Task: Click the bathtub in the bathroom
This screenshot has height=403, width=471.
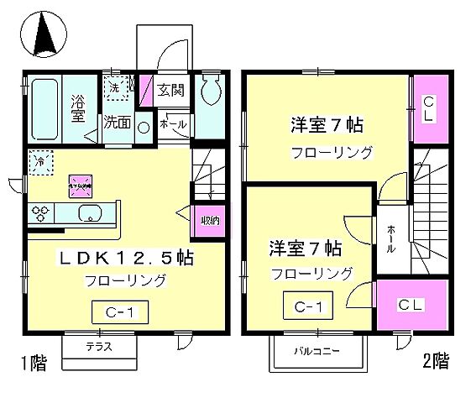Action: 44,109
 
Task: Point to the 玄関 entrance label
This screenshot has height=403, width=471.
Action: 170,88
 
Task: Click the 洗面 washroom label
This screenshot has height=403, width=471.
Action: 117,121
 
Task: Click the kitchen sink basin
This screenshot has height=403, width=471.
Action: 91,213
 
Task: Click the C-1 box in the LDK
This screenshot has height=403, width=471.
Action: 123,313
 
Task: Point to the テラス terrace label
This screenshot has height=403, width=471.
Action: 100,346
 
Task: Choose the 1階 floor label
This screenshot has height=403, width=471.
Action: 34,364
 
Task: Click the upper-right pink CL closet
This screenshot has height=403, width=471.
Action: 429,109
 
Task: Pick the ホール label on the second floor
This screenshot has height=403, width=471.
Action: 391,240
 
